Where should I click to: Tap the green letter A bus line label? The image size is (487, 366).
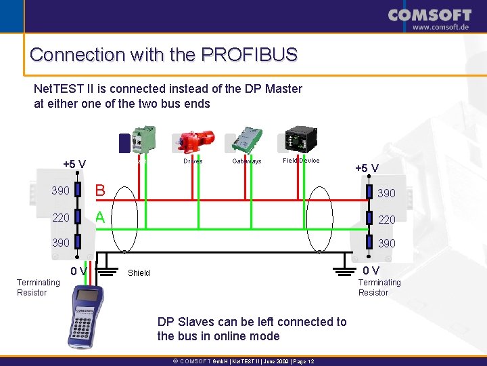pos(99,217)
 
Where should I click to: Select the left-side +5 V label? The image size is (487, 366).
pos(74,164)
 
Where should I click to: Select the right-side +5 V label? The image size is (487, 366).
pos(367,168)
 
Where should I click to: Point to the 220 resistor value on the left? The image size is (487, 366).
pos(61,218)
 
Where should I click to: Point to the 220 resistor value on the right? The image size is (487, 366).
pos(387,220)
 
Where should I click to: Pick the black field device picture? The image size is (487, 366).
pos(298,140)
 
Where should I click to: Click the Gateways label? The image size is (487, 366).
pos(247,161)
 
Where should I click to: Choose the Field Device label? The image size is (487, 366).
pos(301,161)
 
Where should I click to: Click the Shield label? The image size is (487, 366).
pos(139,273)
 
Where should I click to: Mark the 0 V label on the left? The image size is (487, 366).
pos(78,272)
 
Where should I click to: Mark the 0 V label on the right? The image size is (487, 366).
pos(372,270)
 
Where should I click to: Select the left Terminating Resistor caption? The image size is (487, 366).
pos(38,287)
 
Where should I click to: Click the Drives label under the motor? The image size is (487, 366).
pos(193,161)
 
